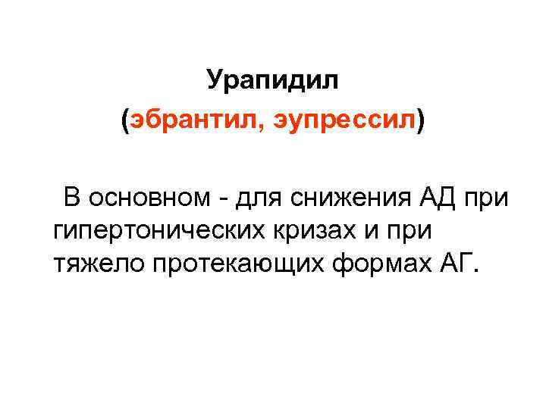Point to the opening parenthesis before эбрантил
125,120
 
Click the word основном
145,198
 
